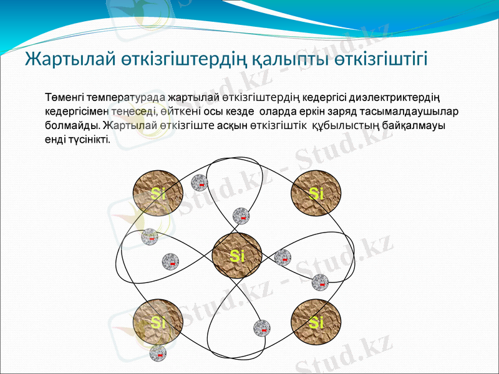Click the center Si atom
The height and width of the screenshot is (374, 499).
click(x=236, y=256)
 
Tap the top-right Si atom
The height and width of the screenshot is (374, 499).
click(x=316, y=193)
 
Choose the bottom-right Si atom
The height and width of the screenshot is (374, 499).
click(x=316, y=323)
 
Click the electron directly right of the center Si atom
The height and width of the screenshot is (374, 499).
click(x=283, y=257)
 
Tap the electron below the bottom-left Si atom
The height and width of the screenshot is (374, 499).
click(x=158, y=353)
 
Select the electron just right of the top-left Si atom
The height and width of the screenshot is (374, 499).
click(x=200, y=183)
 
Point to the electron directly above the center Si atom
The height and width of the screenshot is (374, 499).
click(x=241, y=216)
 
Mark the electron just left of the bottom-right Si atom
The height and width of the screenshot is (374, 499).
click(x=262, y=328)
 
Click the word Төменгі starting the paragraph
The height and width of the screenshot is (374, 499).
click(x=65, y=98)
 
